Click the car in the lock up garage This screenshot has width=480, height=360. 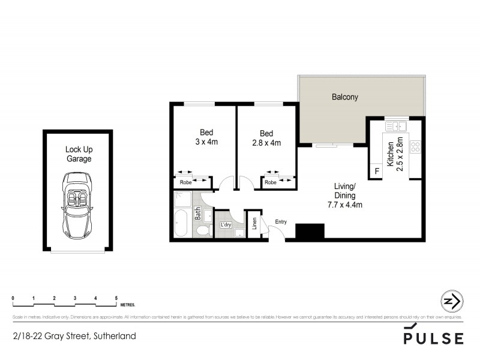(x=77, y=204)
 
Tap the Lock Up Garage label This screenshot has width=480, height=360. (x=79, y=154)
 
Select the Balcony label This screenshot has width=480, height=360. (x=345, y=97)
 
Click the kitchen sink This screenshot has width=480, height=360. (x=397, y=127)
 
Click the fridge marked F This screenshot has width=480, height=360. (x=377, y=172)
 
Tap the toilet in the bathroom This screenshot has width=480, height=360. (x=203, y=230)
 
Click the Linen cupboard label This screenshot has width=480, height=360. (x=254, y=223)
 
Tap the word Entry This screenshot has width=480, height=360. (x=281, y=222)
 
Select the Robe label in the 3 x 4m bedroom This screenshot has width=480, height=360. (x=185, y=182)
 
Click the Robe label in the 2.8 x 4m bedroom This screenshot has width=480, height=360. (x=271, y=182)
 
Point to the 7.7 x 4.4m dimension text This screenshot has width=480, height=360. (x=344, y=205)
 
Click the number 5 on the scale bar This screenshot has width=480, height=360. (x=116, y=298)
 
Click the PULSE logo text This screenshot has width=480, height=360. (x=433, y=338)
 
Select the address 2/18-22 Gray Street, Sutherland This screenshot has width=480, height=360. (x=74, y=336)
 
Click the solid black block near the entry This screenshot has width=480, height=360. (x=310, y=231)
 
